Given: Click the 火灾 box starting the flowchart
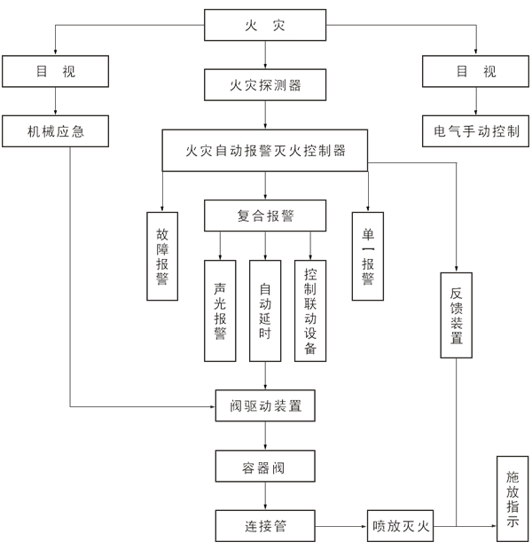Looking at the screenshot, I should (265, 25).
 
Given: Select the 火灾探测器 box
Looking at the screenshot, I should (265, 86).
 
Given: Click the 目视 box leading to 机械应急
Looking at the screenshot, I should (56, 72).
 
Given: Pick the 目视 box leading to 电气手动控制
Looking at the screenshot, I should (476, 72).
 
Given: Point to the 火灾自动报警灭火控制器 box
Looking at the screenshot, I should (265, 151).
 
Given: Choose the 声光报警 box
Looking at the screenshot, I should (220, 310).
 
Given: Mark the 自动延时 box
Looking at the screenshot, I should (265, 310).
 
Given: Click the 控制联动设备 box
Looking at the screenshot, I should (310, 310).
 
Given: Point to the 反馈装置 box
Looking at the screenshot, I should (457, 315).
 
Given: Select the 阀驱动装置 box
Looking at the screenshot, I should (265, 406).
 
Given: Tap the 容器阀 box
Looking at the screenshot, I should (265, 465).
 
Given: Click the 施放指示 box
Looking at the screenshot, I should (512, 499).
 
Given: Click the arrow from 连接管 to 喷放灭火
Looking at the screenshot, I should (340, 526).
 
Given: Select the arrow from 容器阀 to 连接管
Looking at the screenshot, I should (265, 495).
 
